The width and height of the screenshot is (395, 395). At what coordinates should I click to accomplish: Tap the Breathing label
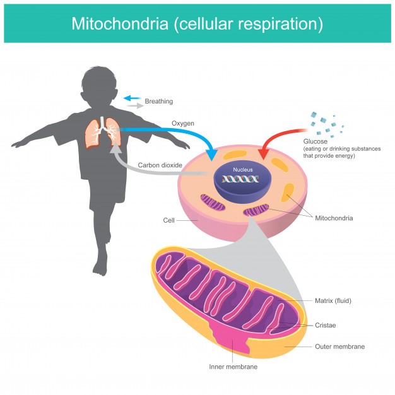pos(158,101)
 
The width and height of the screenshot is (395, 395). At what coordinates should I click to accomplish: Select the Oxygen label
pos(182,122)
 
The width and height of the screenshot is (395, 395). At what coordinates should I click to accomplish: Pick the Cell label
pos(168,220)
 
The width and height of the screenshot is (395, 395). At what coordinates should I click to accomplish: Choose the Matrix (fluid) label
pos(333,300)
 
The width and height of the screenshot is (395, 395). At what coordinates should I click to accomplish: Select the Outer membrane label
pos(339,346)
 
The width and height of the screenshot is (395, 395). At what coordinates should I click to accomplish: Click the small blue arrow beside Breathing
pos(131,98)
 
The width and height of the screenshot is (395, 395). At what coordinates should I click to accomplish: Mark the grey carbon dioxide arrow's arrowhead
pos(115,149)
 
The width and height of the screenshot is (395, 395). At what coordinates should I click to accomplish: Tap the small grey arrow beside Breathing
pos(134,106)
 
